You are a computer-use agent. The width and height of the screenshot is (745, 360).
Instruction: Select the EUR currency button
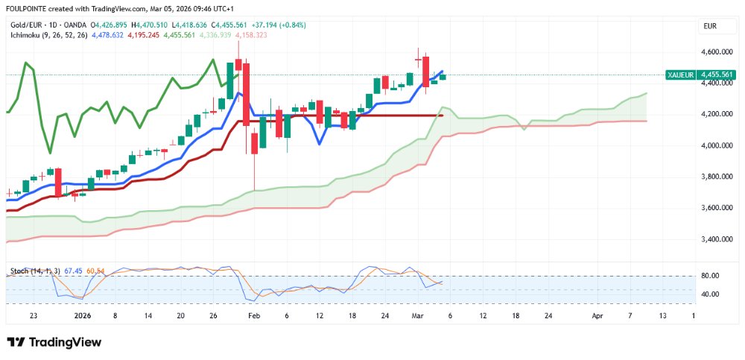pos(710,26)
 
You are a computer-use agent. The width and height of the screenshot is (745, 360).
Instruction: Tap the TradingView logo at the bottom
pos(54,342)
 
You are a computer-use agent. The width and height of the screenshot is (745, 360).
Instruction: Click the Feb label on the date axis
pos(254,316)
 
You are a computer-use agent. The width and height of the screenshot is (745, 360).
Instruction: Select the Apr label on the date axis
pos(597,316)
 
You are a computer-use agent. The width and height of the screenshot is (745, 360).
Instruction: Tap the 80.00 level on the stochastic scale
pos(710,276)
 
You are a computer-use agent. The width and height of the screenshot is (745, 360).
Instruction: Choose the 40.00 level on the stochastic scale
pos(710,294)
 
